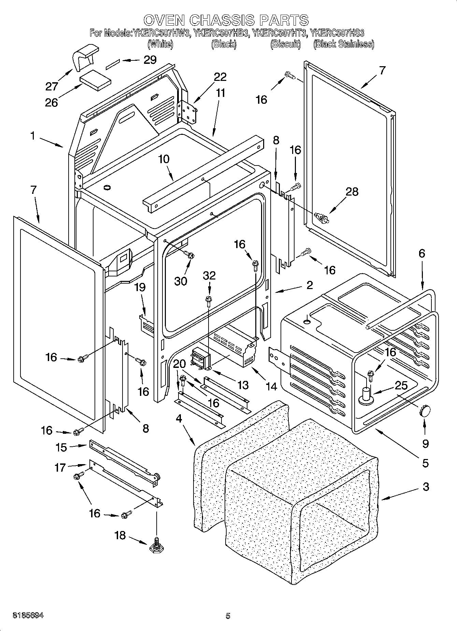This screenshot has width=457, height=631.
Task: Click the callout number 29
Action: [149, 60]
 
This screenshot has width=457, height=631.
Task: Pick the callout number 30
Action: [181, 281]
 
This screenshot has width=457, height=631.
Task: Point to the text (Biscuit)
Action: [285, 44]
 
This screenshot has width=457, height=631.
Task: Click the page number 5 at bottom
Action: [228, 616]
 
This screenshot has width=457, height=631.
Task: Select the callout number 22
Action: [220, 77]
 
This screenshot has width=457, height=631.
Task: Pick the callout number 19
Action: [140, 287]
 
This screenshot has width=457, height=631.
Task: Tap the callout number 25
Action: [401, 386]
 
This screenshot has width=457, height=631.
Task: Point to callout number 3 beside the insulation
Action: [426, 487]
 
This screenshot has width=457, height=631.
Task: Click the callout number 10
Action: [164, 159]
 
